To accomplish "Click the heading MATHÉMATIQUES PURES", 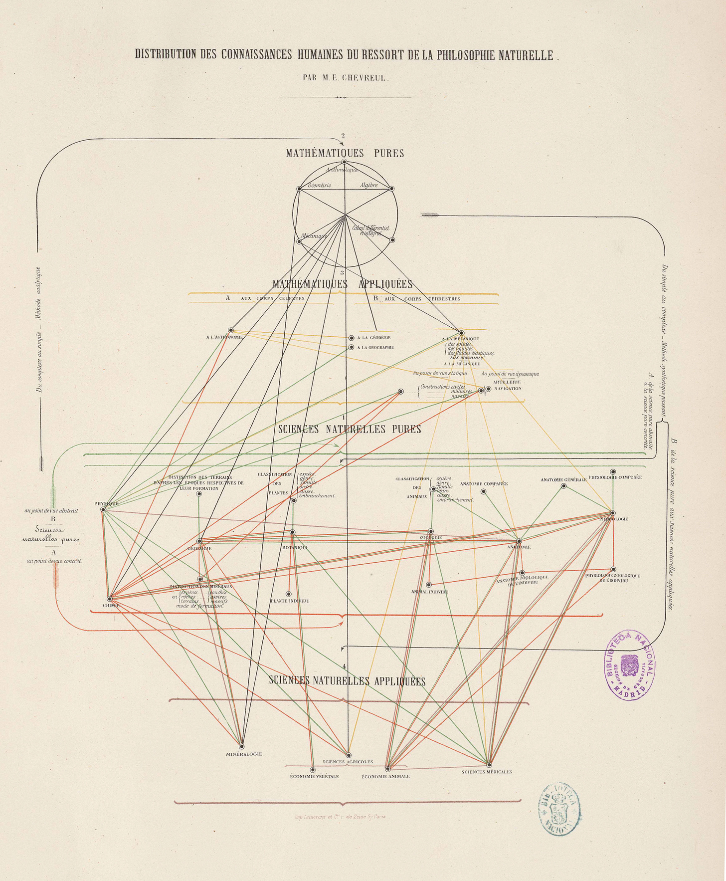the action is click(x=345, y=153).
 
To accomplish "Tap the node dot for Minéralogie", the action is click(x=242, y=747).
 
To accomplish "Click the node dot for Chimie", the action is click(x=110, y=598).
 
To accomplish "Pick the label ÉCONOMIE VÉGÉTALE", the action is click(x=315, y=777).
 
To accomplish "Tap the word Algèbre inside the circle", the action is click(x=369, y=186).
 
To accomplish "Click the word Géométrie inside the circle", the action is click(x=320, y=186).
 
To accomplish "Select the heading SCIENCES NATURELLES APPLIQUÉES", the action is click(x=347, y=681).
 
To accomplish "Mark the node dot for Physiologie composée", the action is click(x=613, y=471).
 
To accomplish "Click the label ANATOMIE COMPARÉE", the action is click(x=484, y=483).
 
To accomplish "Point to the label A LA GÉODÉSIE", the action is click(x=373, y=338).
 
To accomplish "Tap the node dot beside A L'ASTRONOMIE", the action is click(x=231, y=330).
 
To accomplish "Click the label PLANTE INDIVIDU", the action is click(x=290, y=601).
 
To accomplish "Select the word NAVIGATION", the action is click(x=508, y=389).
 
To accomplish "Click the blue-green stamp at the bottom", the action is click(x=559, y=809).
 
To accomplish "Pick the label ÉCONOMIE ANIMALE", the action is click(x=385, y=777).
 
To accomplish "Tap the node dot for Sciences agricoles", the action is click(x=348, y=755).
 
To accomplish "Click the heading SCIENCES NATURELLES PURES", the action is click(x=350, y=429).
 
